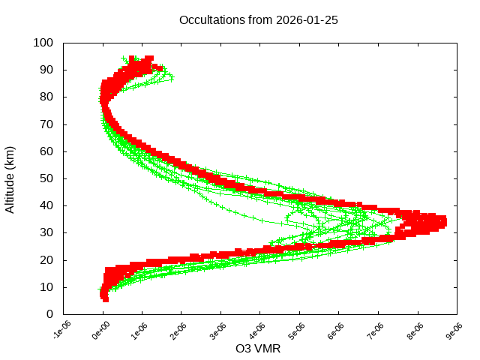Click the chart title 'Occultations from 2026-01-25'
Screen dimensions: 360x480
[258, 20]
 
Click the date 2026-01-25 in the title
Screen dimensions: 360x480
[308, 20]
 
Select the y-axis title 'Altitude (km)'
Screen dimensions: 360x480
[10, 178]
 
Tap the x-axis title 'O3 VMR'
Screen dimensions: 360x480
[258, 349]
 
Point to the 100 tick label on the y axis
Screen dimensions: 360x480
[43, 43]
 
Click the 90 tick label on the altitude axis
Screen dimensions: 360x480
[46, 70]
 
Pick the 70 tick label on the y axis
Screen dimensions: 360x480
[46, 124]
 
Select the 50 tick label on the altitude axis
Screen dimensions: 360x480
[46, 178]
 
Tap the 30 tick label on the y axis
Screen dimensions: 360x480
[46, 232]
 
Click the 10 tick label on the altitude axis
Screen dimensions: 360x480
[46, 287]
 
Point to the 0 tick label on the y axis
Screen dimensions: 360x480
[49, 314]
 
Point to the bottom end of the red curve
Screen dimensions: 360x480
[105, 298]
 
